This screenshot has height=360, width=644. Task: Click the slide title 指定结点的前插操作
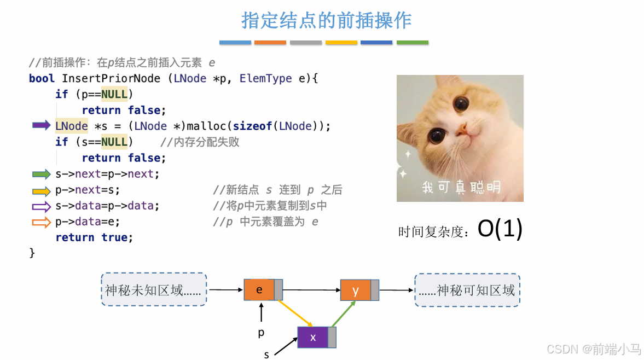(326, 20)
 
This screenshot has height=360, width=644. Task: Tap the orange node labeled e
(259, 289)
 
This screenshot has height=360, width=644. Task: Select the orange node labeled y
(356, 290)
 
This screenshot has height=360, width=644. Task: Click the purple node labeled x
(313, 338)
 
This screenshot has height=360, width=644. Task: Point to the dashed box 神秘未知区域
(154, 289)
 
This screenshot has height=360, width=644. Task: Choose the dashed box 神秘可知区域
(467, 290)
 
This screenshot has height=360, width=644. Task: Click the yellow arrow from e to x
(295, 313)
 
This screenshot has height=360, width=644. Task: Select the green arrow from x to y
(344, 313)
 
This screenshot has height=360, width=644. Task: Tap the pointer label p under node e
(262, 332)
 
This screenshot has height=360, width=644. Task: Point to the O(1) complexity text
(500, 229)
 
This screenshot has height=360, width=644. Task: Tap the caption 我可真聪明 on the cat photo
(461, 188)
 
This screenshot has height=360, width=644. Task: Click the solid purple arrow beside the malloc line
(42, 126)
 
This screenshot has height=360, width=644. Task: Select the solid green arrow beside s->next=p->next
(42, 174)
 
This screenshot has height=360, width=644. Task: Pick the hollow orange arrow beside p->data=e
(42, 222)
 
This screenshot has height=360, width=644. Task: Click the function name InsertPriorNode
(111, 78)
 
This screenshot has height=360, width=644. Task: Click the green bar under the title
(413, 42)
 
